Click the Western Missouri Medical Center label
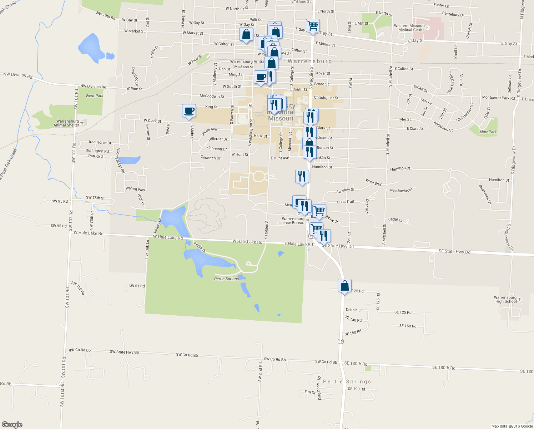[409, 28]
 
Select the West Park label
[94, 96]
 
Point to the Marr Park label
[488, 132]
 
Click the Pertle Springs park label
[226, 279]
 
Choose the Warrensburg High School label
[505, 299]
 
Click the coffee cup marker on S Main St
[189, 111]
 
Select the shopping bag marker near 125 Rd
[344, 286]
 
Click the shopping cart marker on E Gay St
[313, 26]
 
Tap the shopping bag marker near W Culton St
[246, 35]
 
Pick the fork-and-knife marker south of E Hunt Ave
[302, 177]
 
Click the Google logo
[12, 425]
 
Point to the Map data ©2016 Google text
[512, 426]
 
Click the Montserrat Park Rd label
[498, 98]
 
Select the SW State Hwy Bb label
[124, 352]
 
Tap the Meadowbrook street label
[401, 190]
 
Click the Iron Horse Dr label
[100, 142]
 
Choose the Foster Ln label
[441, 5]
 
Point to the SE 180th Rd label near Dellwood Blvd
[356, 364]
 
